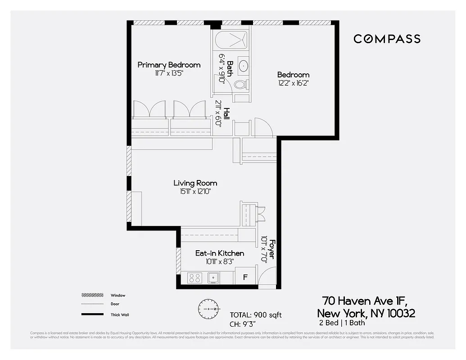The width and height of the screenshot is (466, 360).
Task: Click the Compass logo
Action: coord(387,39)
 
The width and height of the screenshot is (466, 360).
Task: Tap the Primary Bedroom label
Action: coord(169,65)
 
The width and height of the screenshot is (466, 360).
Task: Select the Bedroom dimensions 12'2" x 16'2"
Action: coord(293,83)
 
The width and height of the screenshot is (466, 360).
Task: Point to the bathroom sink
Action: coord(243,66)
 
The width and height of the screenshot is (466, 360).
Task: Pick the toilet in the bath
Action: coord(240,84)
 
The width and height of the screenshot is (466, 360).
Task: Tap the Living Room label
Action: coord(195,183)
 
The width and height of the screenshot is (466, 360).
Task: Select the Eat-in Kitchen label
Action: coord(219,253)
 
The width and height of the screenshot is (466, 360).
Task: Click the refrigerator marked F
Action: coord(245,277)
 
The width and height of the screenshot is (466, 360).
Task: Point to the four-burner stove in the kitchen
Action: coord(195,278)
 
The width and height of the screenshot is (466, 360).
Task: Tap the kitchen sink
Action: coord(213,278)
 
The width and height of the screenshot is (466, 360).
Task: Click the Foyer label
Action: coord(271,248)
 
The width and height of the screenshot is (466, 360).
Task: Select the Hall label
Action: coord(227,113)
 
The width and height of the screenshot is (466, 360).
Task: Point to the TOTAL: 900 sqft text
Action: coord(256,315)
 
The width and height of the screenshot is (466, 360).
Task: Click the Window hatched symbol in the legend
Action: coord(92,295)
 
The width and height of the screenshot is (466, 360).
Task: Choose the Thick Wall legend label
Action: coord(119,315)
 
